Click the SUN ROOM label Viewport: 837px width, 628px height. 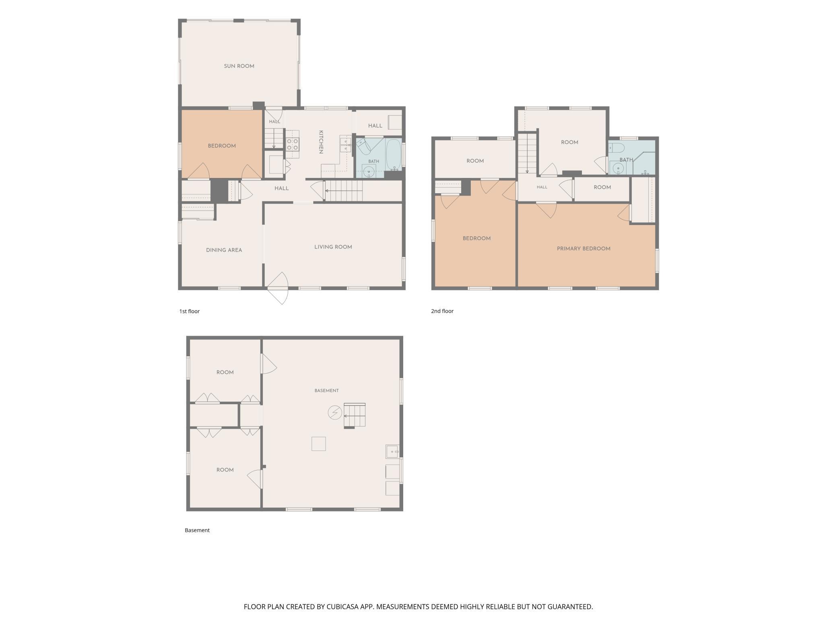[x=239, y=66]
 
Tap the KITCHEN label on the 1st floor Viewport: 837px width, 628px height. [x=321, y=142]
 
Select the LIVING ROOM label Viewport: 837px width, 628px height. [x=333, y=247]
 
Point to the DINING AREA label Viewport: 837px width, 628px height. [x=224, y=250]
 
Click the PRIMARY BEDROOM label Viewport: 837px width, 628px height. [x=583, y=249]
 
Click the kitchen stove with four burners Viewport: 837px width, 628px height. [x=293, y=144]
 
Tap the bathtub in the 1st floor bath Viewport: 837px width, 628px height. [x=394, y=153]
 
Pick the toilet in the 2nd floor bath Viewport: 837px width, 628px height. [x=616, y=147]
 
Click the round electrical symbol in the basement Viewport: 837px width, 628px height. [x=335, y=413]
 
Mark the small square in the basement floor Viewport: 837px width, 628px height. [x=319, y=444]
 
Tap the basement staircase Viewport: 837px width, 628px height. [x=355, y=415]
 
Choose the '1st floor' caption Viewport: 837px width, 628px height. [x=190, y=311]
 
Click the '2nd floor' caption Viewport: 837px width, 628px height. [x=442, y=311]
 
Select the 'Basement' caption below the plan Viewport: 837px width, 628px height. [x=197, y=530]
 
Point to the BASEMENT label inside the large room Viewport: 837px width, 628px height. [x=327, y=390]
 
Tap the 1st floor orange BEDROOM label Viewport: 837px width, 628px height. [x=222, y=146]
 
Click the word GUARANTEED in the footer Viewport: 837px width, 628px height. [x=568, y=607]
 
